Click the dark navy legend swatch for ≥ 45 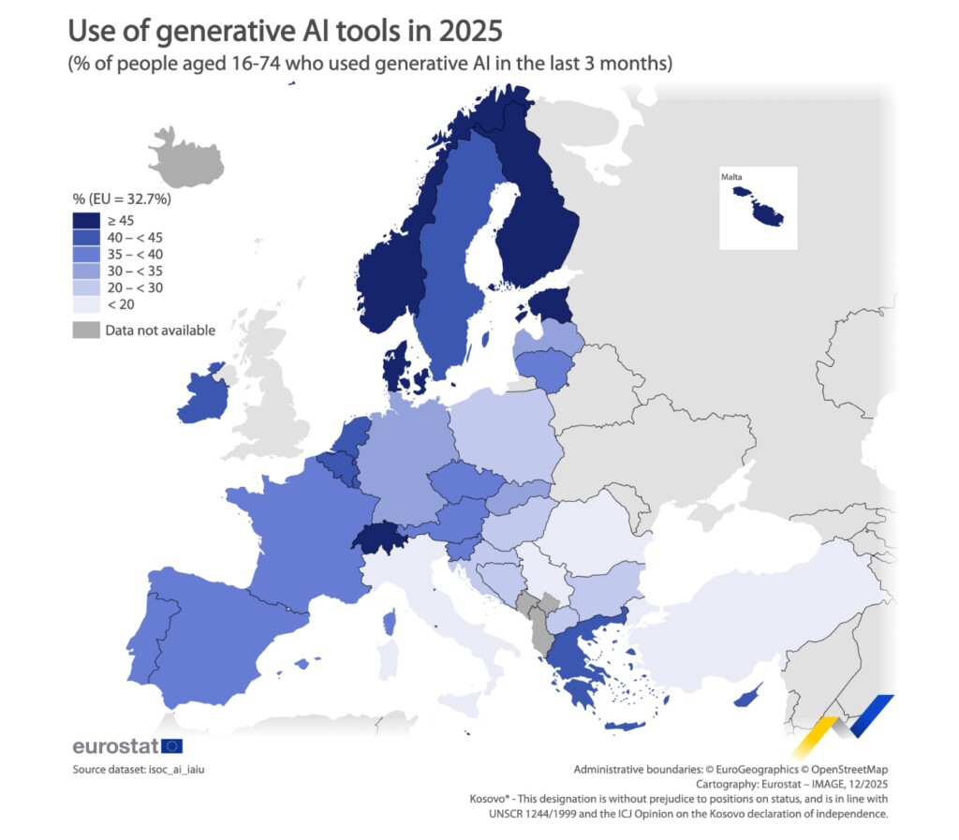(86, 219)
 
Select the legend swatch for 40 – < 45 (86, 236)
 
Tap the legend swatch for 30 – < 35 (86, 270)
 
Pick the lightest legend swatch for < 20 (86, 304)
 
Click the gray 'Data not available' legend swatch (86, 330)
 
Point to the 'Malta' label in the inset (732, 177)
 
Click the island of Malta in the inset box (767, 214)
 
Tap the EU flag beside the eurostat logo (172, 746)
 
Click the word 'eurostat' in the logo (115, 746)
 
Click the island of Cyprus (746, 697)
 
